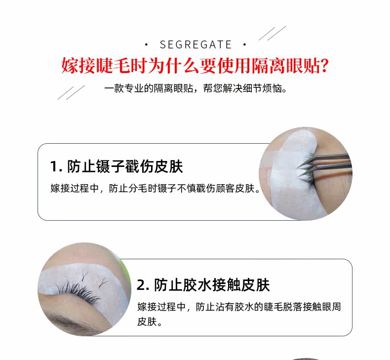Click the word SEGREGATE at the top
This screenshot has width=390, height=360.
point(196,45)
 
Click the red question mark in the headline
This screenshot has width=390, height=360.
point(324,66)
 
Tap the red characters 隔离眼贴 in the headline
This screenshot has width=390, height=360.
point(285,66)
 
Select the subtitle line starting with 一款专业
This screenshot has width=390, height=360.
point(195,88)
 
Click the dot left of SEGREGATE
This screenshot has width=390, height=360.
point(146,45)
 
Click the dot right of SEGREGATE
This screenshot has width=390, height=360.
point(245,45)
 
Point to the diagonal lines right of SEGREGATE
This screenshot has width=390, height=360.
point(273,33)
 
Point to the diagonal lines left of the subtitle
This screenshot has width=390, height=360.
point(71,92)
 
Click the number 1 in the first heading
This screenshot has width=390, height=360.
point(53,166)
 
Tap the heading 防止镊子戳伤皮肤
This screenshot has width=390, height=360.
point(125,166)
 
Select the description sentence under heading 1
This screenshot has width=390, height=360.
point(155,188)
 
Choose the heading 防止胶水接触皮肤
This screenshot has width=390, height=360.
point(212,285)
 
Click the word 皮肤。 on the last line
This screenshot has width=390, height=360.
point(150,321)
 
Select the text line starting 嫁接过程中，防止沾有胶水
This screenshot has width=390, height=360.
point(239,307)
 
